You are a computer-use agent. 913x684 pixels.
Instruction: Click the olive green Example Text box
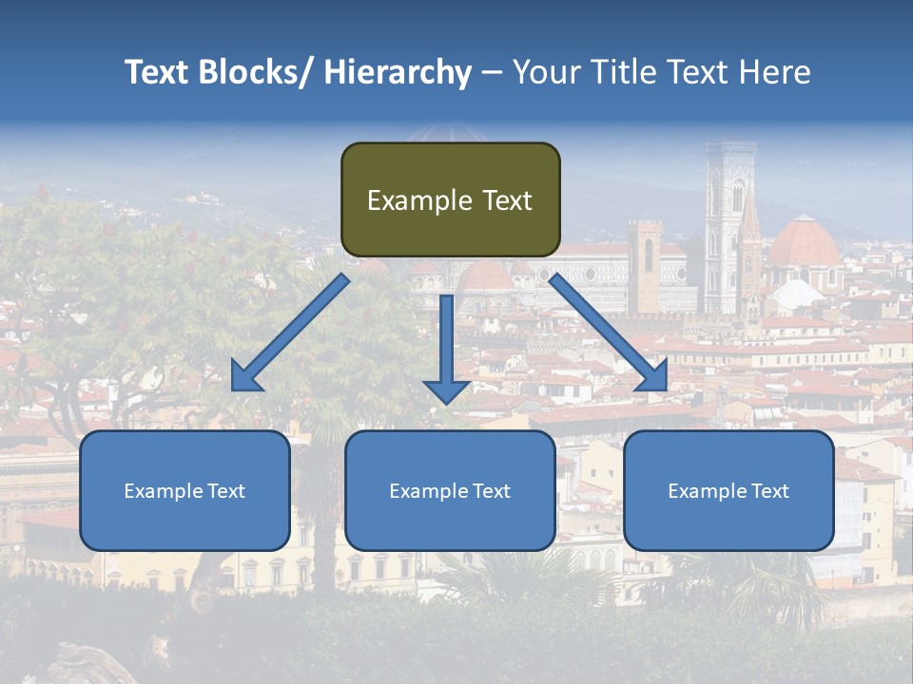pyautogui.click(x=450, y=199)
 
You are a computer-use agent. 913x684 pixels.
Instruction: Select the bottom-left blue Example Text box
pyautogui.click(x=185, y=490)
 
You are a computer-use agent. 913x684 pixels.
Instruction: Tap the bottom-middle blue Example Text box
pyautogui.click(x=450, y=490)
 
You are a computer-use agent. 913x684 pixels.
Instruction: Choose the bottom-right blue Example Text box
pyautogui.click(x=728, y=490)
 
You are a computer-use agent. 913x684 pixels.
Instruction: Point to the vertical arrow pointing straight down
pyautogui.click(x=446, y=348)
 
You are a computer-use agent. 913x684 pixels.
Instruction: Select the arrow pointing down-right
pyautogui.click(x=609, y=332)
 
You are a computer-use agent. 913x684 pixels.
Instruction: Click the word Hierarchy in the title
pyautogui.click(x=398, y=72)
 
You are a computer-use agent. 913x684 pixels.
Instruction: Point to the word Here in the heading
pyautogui.click(x=777, y=72)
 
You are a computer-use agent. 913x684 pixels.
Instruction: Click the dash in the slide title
pyautogui.click(x=491, y=72)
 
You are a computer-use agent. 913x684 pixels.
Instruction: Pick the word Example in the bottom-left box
pyautogui.click(x=164, y=490)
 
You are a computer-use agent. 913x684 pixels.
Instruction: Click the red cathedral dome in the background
pyautogui.click(x=804, y=243)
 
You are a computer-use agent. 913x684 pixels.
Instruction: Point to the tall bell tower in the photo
pyautogui.click(x=729, y=228)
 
